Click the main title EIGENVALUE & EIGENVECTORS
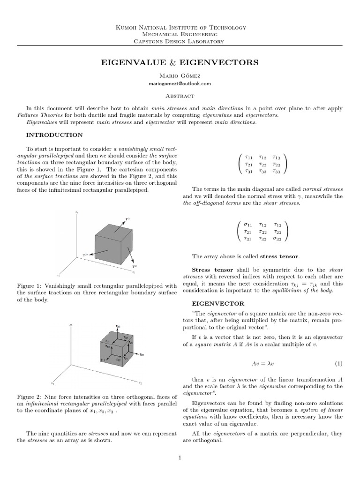(180, 62)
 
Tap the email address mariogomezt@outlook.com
(180, 83)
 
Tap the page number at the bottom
(180, 458)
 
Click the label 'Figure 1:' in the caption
(30, 285)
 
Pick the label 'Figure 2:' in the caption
(30, 397)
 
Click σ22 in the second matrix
(263, 232)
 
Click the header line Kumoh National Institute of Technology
(180, 28)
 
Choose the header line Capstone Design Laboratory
(180, 41)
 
